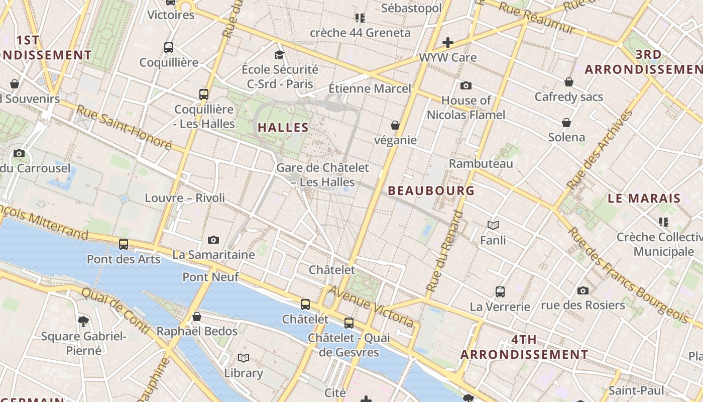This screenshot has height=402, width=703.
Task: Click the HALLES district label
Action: pyautogui.click(x=283, y=128)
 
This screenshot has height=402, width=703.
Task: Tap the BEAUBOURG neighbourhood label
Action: pyautogui.click(x=431, y=190)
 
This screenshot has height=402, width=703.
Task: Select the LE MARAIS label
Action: pyautogui.click(x=644, y=198)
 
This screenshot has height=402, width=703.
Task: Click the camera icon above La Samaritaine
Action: pyautogui.click(x=213, y=240)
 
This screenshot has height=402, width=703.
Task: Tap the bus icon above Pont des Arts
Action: pyautogui.click(x=124, y=244)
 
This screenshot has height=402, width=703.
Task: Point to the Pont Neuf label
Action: pyautogui.click(x=210, y=277)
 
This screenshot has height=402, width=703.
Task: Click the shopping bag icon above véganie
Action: pyautogui.click(x=395, y=125)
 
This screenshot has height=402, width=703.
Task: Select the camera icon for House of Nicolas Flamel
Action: pyautogui.click(x=466, y=86)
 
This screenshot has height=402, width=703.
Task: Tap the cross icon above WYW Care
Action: pyautogui.click(x=448, y=43)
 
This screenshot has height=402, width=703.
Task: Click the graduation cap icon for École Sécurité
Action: pyautogui.click(x=280, y=55)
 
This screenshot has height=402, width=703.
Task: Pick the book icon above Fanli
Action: pyautogui.click(x=493, y=226)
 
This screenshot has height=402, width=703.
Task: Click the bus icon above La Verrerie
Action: pyautogui.click(x=500, y=291)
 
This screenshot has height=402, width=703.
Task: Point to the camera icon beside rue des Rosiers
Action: pyautogui.click(x=583, y=290)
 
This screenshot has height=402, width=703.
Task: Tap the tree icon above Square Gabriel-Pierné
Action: pyautogui.click(x=84, y=321)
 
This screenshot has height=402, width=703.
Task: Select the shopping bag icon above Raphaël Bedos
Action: pyautogui.click(x=197, y=317)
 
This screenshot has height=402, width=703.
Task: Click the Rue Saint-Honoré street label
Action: pyautogui.click(x=124, y=128)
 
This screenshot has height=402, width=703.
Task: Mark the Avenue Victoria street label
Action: pyautogui.click(x=372, y=306)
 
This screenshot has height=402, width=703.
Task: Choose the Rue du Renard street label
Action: pyautogui.click(x=445, y=251)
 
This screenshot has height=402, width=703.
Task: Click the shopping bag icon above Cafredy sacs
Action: pyautogui.click(x=569, y=82)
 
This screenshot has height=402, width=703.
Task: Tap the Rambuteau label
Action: pyautogui.click(x=481, y=163)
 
